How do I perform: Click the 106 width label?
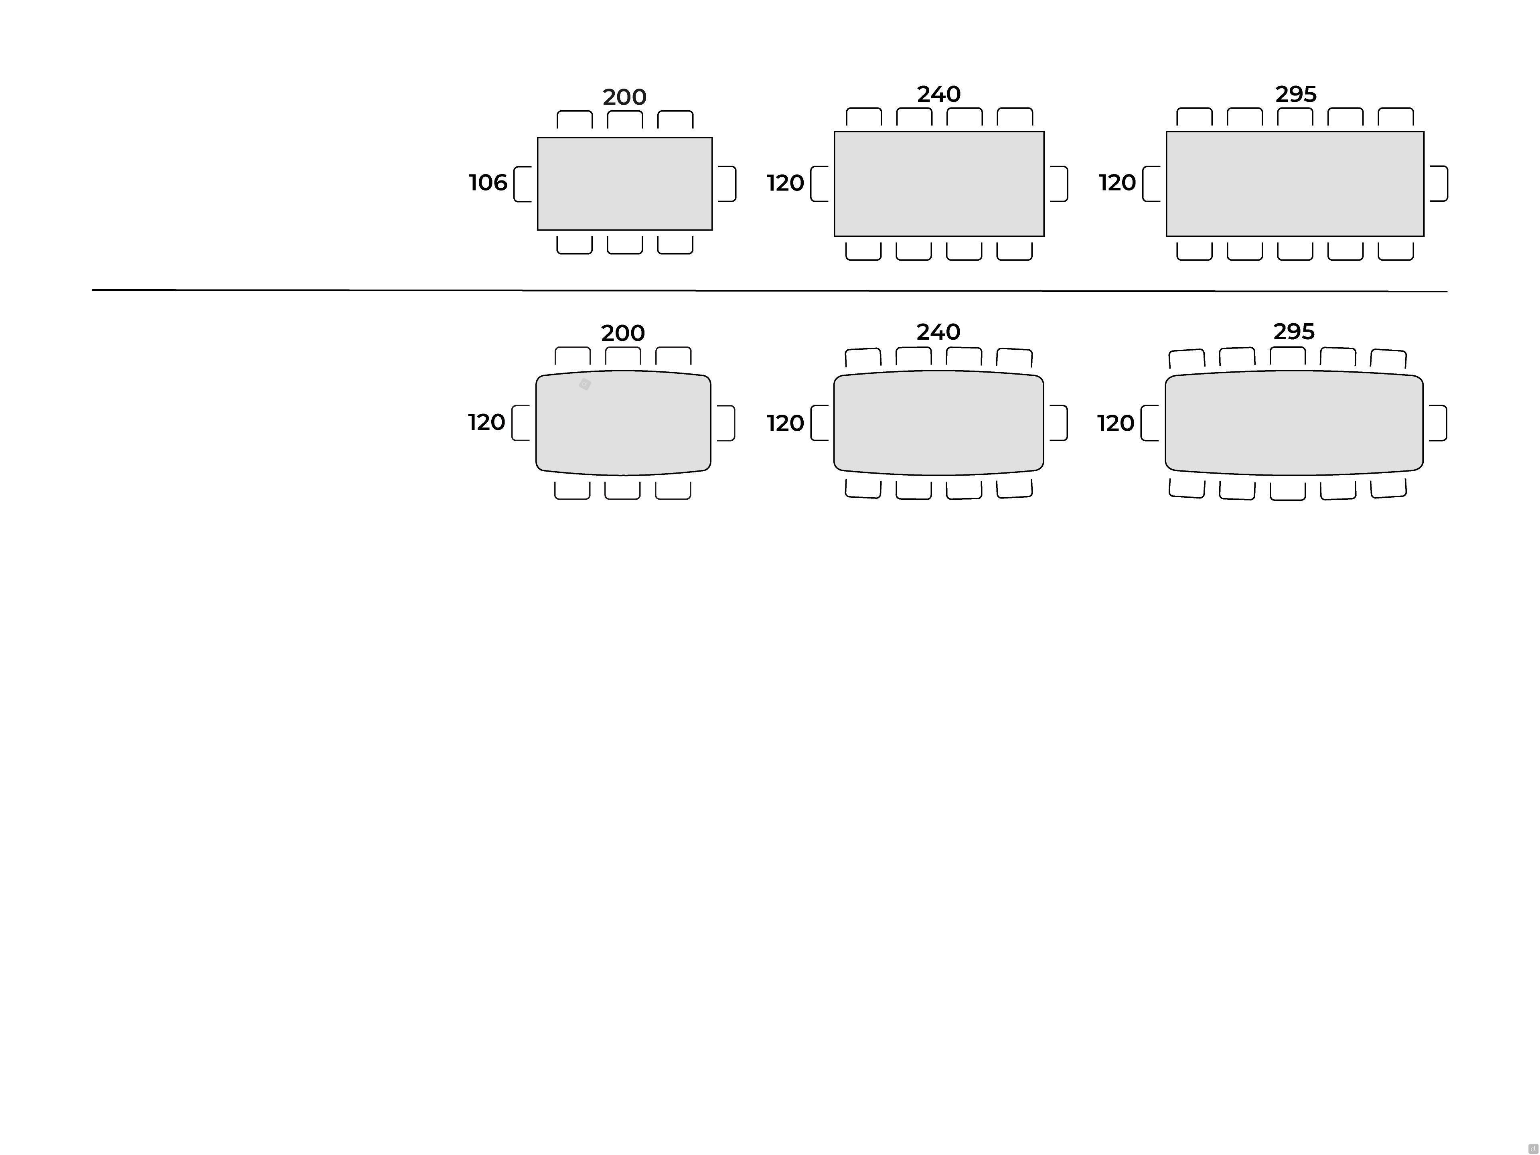pyautogui.click(x=488, y=182)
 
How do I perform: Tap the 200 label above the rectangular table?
pyautogui.click(x=624, y=97)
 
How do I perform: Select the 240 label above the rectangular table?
pyautogui.click(x=938, y=94)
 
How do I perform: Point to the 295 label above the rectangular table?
pyautogui.click(x=1296, y=94)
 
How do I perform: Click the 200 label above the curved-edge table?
pyautogui.click(x=623, y=333)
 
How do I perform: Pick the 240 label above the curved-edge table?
pyautogui.click(x=938, y=331)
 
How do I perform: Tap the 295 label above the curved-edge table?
pyautogui.click(x=1294, y=331)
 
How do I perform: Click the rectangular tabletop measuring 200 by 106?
pyautogui.click(x=624, y=184)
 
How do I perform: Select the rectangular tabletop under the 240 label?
pyautogui.click(x=939, y=184)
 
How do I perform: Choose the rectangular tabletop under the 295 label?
pyautogui.click(x=1295, y=184)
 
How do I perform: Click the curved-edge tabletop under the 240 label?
pyautogui.click(x=938, y=423)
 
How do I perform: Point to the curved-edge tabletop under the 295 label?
pyautogui.click(x=1294, y=423)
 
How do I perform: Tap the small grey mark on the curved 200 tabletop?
pyautogui.click(x=585, y=384)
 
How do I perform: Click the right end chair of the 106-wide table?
pyautogui.click(x=727, y=184)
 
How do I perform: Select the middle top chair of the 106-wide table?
pyautogui.click(x=624, y=120)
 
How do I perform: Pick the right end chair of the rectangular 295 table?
pyautogui.click(x=1439, y=184)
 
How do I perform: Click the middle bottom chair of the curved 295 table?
pyautogui.click(x=1287, y=491)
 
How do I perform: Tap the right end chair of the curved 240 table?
pyautogui.click(x=1058, y=423)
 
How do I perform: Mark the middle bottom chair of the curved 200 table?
pyautogui.click(x=622, y=490)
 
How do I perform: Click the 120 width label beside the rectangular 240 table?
pyautogui.click(x=785, y=183)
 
